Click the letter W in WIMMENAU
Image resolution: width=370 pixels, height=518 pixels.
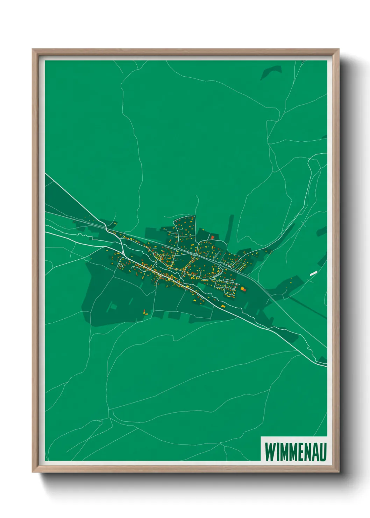click(270, 452)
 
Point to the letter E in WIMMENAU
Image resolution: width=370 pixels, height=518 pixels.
click(297, 452)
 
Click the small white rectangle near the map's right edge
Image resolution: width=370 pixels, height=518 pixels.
click(313, 273)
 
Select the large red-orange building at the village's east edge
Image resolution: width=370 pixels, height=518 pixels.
click(243, 289)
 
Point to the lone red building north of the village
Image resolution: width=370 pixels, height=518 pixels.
click(212, 237)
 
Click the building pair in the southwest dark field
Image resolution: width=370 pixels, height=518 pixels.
click(145, 312)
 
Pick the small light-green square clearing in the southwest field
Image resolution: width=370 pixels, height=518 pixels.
click(113, 307)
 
